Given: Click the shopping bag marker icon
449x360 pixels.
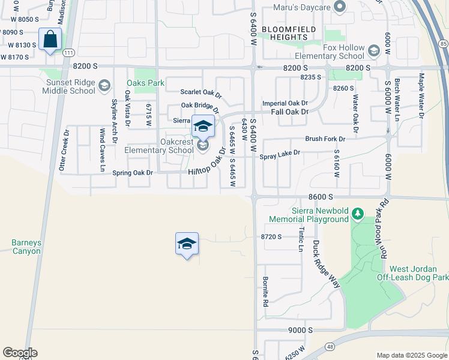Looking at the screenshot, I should pyautogui.click(x=51, y=40).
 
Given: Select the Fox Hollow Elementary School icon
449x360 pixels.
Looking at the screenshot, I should pyautogui.click(x=374, y=50).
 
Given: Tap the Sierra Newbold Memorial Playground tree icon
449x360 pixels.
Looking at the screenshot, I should pyautogui.click(x=358, y=214).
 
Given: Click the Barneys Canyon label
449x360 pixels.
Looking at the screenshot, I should pyautogui.click(x=26, y=247).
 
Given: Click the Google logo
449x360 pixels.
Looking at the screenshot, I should pyautogui.click(x=20, y=353).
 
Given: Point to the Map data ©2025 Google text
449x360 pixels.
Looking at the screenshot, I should pyautogui.click(x=412, y=355).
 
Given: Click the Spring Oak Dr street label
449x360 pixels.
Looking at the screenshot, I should pyautogui.click(x=133, y=173).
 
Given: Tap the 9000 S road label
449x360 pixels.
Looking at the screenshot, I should pyautogui.click(x=300, y=331).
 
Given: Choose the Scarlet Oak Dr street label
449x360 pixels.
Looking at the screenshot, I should pyautogui.click(x=201, y=93).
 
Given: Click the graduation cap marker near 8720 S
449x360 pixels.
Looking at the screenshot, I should pyautogui.click(x=187, y=244).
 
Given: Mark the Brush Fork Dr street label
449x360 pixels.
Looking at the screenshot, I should pyautogui.click(x=326, y=139).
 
